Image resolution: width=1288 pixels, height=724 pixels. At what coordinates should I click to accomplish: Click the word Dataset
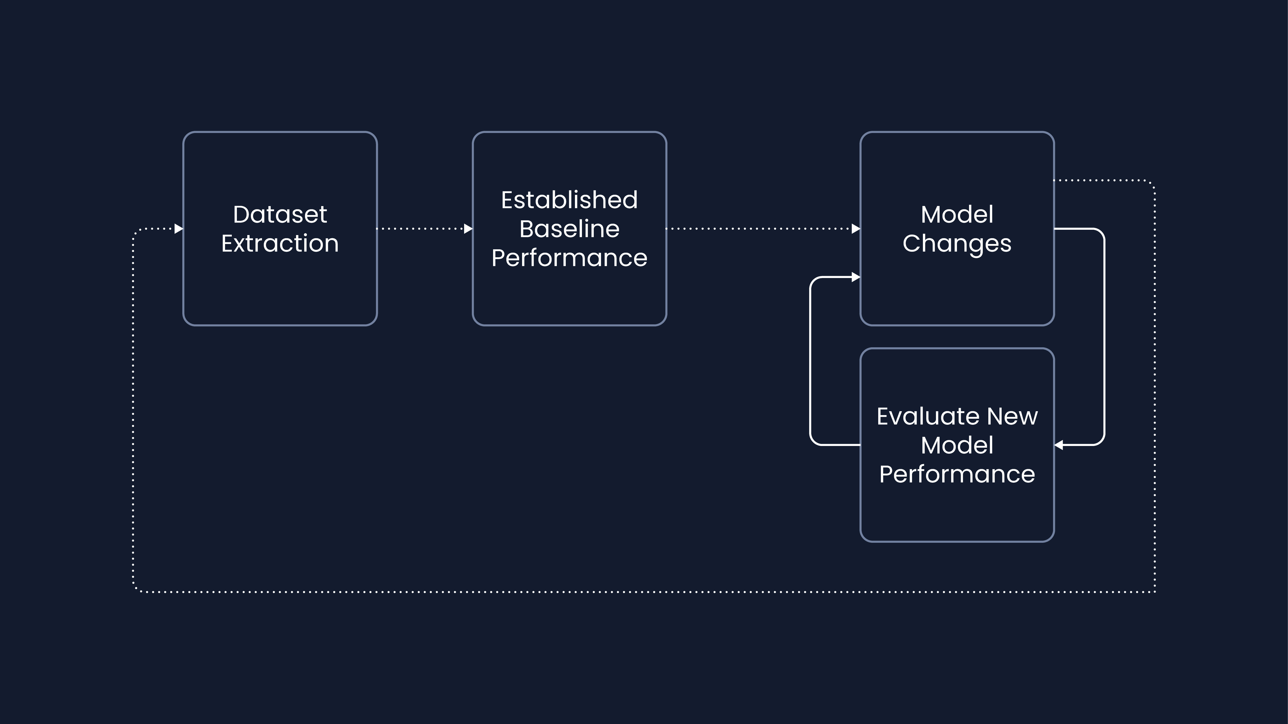click(x=280, y=215)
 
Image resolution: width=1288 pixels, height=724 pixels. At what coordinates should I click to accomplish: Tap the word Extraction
click(x=280, y=244)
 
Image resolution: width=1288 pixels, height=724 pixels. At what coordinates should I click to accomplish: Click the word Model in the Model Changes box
click(x=957, y=215)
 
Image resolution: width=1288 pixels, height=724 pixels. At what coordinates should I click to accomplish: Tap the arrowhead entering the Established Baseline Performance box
click(x=468, y=229)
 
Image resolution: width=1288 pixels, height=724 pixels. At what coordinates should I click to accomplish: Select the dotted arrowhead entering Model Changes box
click(x=856, y=229)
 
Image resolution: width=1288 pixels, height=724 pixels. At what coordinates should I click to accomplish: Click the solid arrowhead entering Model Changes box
click(x=856, y=277)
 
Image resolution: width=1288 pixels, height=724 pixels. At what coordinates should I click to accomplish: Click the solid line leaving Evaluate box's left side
click(x=810, y=361)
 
